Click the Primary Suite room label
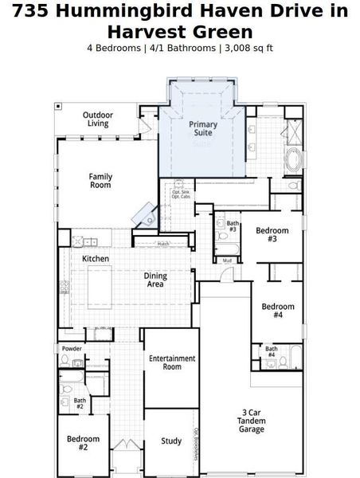202,129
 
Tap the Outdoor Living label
99,119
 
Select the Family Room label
100,181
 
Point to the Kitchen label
96,259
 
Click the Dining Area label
155,280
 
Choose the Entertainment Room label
172,362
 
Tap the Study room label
171,441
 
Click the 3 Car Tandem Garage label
252,421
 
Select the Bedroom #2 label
83,443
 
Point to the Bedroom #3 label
272,235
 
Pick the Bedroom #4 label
278,311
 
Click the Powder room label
71,349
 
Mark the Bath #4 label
272,351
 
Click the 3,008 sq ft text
248,48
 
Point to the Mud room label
227,261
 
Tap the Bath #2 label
80,404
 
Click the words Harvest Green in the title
179,32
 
